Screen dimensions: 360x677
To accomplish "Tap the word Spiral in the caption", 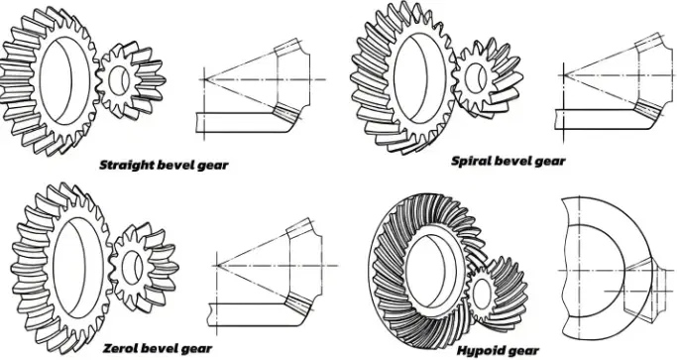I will pos(472,160).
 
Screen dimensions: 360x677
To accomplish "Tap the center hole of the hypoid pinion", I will pos(484,300).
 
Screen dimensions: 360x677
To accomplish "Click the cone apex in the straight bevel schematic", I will pos(202,77).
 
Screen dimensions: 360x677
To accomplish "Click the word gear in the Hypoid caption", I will pos(525,350).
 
